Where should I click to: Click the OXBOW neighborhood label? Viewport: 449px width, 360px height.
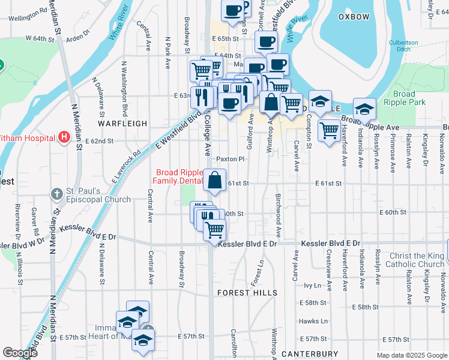point(354,17)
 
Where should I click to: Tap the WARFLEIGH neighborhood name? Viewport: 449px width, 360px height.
point(123,123)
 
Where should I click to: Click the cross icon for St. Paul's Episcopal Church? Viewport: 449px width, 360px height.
point(56,194)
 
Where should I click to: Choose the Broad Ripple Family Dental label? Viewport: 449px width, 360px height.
point(178,176)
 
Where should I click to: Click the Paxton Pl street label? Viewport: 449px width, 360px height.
point(231,159)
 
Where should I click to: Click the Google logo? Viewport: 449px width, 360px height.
point(20,353)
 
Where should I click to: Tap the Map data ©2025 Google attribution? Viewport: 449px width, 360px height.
point(411,355)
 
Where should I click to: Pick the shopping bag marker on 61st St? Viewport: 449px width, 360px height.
point(215,180)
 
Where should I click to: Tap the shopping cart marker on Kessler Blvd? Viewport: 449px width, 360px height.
point(214,230)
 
